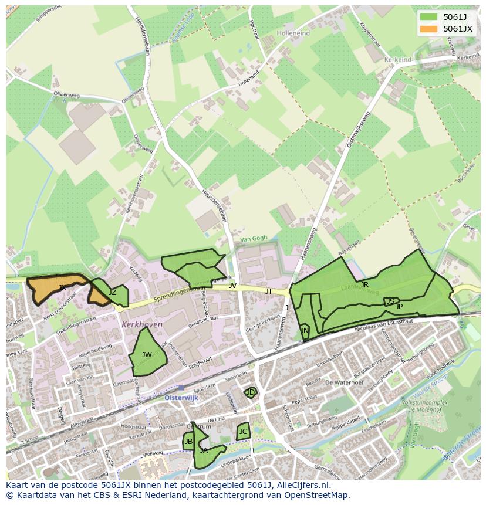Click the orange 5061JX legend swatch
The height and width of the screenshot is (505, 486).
pyautogui.click(x=428, y=29)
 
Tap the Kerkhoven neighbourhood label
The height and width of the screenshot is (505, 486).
pyautogui.click(x=142, y=324)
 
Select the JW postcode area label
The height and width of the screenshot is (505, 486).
pyautogui.click(x=147, y=355)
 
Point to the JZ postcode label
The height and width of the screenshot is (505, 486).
pyautogui.click(x=112, y=293)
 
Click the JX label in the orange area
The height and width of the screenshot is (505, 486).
pyautogui.click(x=62, y=287)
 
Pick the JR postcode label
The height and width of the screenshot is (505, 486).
pyautogui.click(x=365, y=285)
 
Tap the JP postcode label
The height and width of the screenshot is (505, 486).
pyautogui.click(x=399, y=306)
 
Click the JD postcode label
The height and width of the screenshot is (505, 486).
pyautogui.click(x=251, y=392)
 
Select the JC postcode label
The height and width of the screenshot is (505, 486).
pyautogui.click(x=243, y=432)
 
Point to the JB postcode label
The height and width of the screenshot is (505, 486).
pyautogui.click(x=188, y=442)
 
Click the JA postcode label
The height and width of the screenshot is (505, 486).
pyautogui.click(x=204, y=450)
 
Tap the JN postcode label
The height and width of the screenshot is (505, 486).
pyautogui.click(x=304, y=331)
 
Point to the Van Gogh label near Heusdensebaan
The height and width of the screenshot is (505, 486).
pyautogui.click(x=253, y=238)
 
